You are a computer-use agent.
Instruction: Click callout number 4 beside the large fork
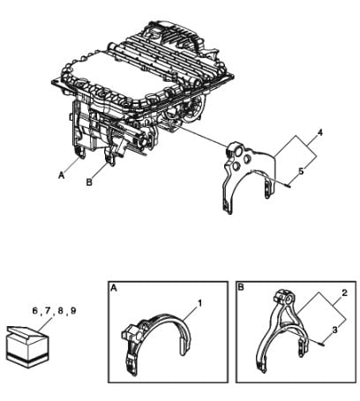click(x=320, y=133)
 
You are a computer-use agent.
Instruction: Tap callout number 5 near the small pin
click(x=301, y=171)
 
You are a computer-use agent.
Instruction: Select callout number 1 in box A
click(x=199, y=303)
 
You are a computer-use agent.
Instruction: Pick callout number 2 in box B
click(x=344, y=293)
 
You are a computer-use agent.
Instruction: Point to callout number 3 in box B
click(x=335, y=330)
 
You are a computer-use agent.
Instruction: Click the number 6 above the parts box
click(x=35, y=310)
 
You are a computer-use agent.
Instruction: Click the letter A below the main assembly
click(x=61, y=175)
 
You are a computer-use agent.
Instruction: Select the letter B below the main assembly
click(x=89, y=182)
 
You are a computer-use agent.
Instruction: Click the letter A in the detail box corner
click(x=114, y=288)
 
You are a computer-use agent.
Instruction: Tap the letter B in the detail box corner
click(x=241, y=287)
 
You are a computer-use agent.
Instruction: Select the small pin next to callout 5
click(x=287, y=184)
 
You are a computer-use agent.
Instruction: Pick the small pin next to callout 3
click(x=320, y=344)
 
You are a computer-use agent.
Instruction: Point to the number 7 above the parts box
click(x=48, y=310)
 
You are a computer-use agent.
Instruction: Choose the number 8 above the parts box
click(x=61, y=310)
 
